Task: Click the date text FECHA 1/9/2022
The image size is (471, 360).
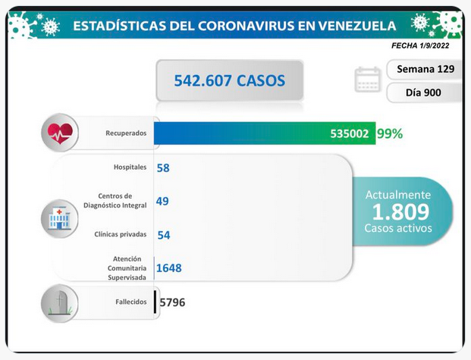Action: [420, 45]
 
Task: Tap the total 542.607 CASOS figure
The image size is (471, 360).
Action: [230, 80]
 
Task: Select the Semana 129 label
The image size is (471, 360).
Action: [425, 69]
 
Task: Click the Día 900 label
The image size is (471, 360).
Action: [423, 92]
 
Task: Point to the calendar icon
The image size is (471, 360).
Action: [368, 80]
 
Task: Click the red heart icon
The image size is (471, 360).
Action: [60, 133]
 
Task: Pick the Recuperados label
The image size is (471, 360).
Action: [126, 133]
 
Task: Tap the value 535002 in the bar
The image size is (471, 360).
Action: [350, 133]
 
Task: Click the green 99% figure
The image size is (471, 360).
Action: [390, 133]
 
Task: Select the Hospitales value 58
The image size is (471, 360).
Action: [163, 167]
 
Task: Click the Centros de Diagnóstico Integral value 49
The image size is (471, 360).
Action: [162, 201]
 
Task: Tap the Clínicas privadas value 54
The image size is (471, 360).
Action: [164, 235]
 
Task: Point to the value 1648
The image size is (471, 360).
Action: [169, 268]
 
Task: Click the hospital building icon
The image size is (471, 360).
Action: [59, 219]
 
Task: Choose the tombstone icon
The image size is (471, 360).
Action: [60, 303]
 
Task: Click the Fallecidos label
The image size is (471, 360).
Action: [131, 302]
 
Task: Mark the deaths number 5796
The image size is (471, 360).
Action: [172, 302]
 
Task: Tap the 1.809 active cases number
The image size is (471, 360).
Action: [400, 211]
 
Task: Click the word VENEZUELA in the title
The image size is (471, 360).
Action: [357, 26]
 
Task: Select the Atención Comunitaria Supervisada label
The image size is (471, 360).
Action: [127, 268]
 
